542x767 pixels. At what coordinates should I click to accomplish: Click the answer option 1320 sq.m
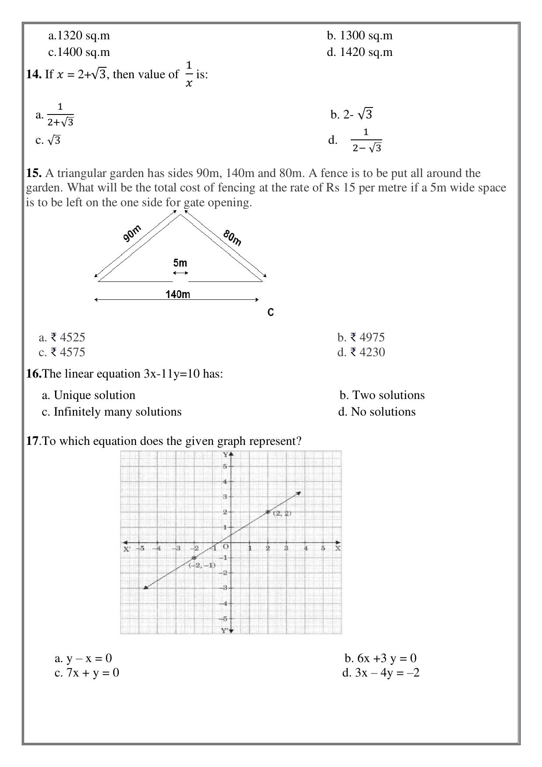pyautogui.click(x=79, y=36)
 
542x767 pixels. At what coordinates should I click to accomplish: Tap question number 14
pyautogui.click(x=33, y=75)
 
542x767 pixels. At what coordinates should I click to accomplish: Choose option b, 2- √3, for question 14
pyautogui.click(x=352, y=115)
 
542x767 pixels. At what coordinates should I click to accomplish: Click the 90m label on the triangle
pyautogui.click(x=132, y=233)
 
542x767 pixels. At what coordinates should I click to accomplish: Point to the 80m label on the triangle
pyautogui.click(x=232, y=237)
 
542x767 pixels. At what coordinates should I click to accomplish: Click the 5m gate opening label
pyautogui.click(x=180, y=263)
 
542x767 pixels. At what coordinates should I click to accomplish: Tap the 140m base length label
pyautogui.click(x=178, y=294)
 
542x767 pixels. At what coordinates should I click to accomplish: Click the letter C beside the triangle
pyautogui.click(x=270, y=312)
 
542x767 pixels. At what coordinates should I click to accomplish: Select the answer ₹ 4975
pyautogui.click(x=361, y=337)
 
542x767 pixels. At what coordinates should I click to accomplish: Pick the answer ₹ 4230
pyautogui.click(x=361, y=352)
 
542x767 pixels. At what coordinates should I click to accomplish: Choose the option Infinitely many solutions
pyautogui.click(x=111, y=412)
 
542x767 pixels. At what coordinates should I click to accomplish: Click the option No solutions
pyautogui.click(x=377, y=412)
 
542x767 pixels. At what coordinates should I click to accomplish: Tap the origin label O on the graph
pyautogui.click(x=226, y=546)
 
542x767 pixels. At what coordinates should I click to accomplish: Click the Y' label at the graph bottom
pyautogui.click(x=224, y=630)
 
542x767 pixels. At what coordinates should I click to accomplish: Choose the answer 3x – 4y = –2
pyautogui.click(x=381, y=673)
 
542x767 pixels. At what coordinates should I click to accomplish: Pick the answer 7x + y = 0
pyautogui.click(x=86, y=673)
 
